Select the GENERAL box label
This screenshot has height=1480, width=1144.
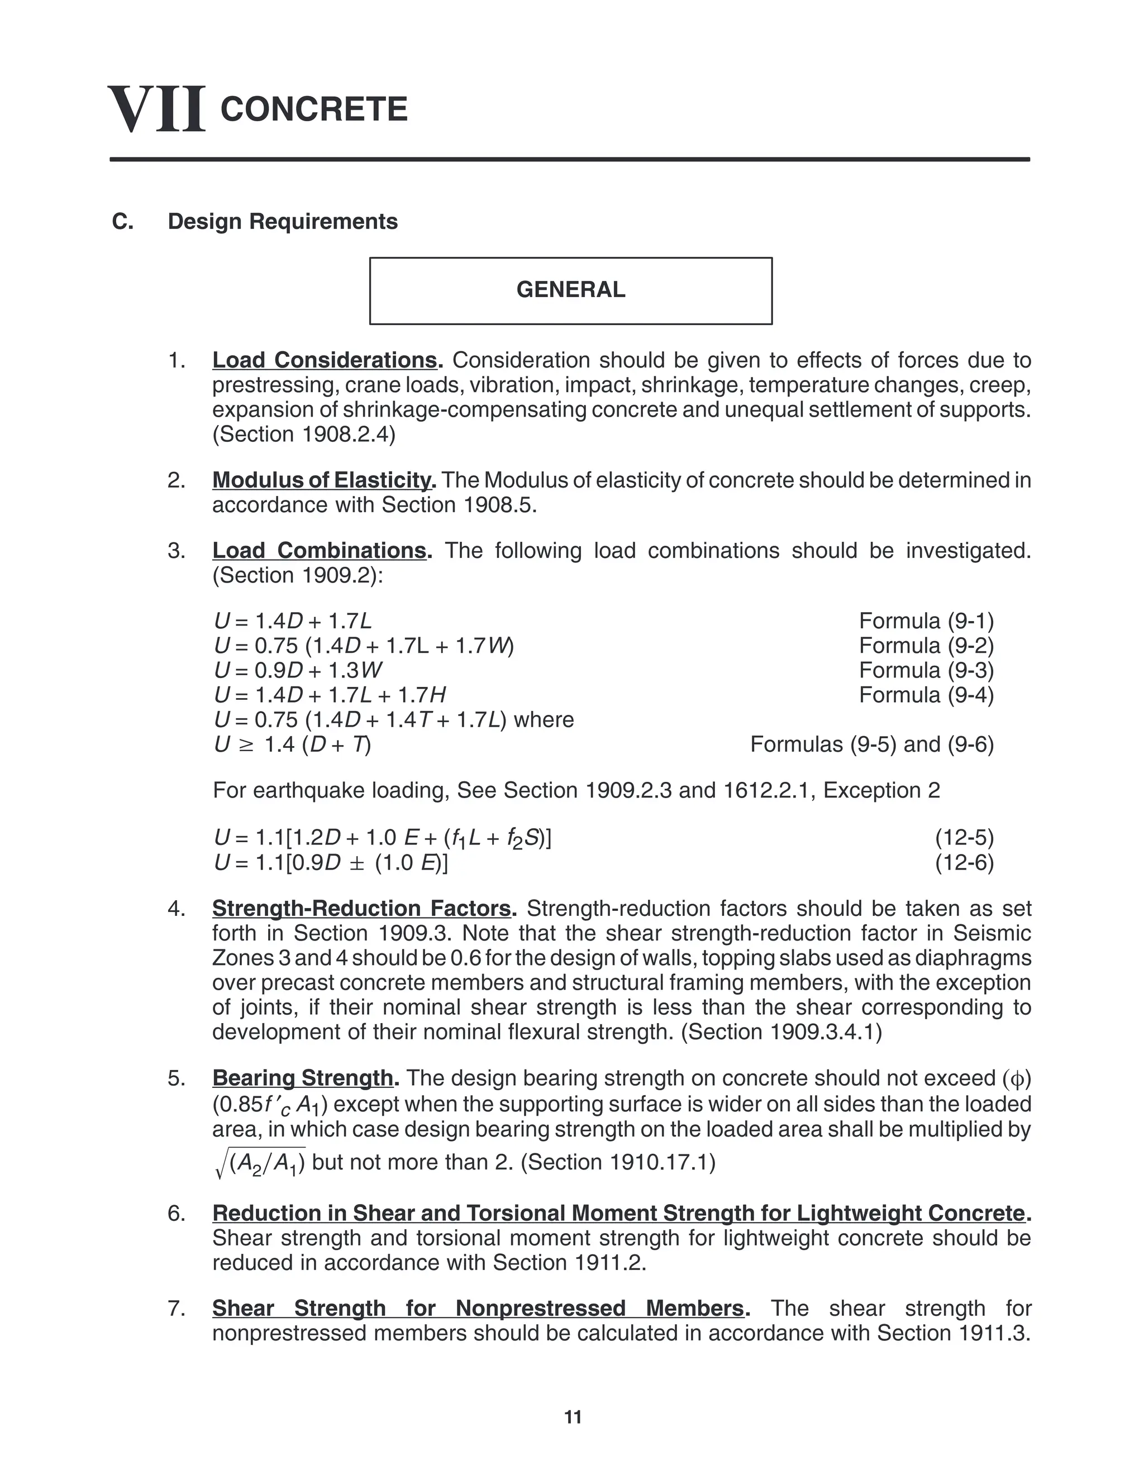571,290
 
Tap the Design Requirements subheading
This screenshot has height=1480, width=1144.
283,222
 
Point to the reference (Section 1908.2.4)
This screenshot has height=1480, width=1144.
304,435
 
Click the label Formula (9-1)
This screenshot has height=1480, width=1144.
926,620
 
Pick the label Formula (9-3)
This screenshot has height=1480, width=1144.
926,670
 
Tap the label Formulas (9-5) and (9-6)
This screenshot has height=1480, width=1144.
871,744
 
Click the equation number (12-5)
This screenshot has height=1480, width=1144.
964,838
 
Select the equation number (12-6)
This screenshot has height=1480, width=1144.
964,863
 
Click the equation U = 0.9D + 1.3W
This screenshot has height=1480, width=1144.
298,671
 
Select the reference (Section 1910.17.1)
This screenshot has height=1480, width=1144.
618,1163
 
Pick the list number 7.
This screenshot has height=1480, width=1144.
176,1309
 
